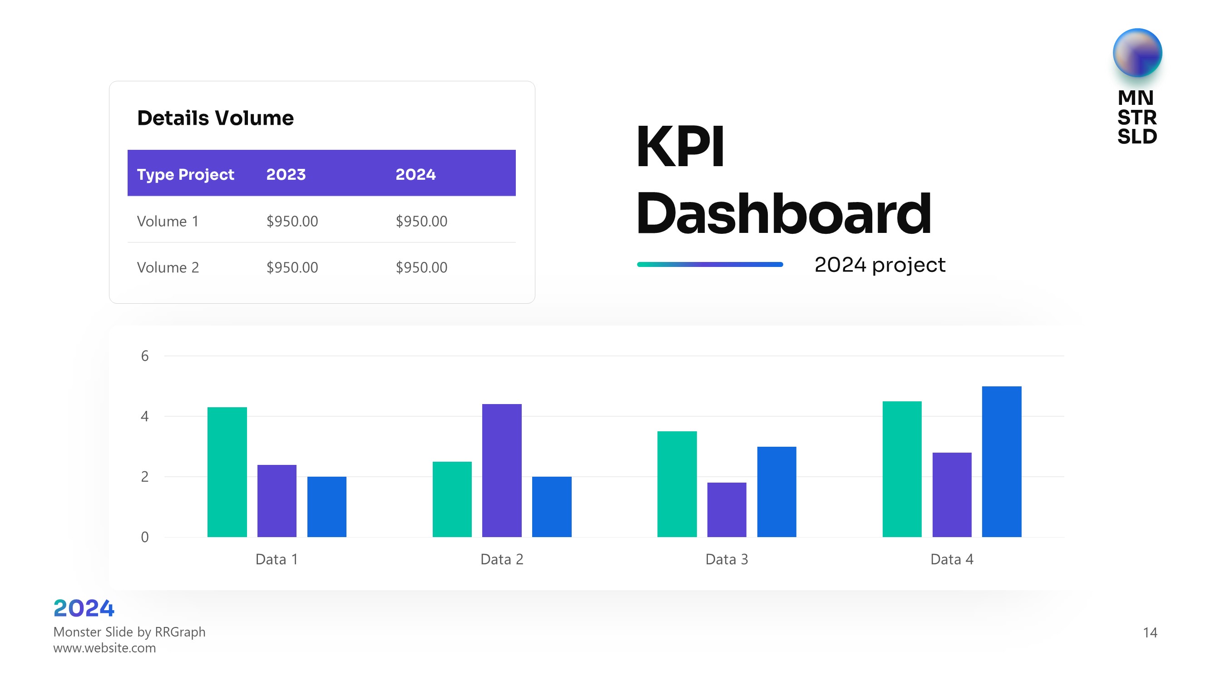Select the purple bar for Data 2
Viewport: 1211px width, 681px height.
pos(502,470)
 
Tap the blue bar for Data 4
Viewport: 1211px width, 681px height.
pos(1001,461)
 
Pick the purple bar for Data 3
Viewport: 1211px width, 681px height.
pos(727,509)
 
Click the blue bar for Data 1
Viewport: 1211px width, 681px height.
pos(327,506)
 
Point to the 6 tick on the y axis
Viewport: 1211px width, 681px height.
pos(145,356)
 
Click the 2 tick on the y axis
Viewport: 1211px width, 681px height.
pos(145,477)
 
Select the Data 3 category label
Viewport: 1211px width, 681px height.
pos(727,559)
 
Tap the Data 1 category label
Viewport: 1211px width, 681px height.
pos(277,559)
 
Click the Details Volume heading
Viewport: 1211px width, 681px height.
pos(215,118)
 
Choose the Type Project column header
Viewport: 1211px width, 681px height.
pos(185,174)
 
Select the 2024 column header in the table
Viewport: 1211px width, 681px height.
pos(415,174)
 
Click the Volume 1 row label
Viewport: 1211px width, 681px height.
pos(168,221)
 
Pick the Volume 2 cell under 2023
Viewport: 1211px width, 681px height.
pos(292,267)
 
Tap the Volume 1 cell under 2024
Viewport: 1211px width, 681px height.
pos(421,221)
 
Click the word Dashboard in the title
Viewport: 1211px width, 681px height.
pos(784,214)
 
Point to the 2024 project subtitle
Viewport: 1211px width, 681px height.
pos(880,265)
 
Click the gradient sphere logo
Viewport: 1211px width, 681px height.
pos(1137,53)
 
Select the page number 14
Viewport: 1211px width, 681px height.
pos(1150,632)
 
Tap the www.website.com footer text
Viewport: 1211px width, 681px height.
pos(104,648)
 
